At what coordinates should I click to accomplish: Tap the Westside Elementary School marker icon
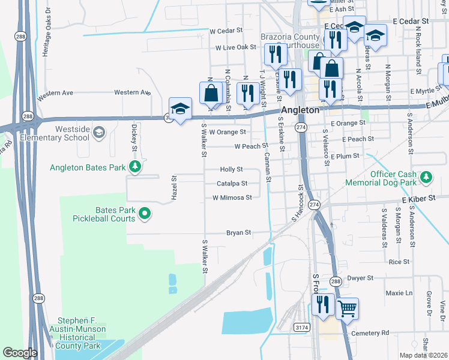pos(100,131)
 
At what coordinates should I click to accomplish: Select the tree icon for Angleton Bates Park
pos(136,166)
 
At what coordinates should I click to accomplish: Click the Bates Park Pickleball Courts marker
pos(145,213)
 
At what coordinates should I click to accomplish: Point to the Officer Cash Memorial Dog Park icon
pos(426,177)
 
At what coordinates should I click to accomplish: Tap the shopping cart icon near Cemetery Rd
pos(347,310)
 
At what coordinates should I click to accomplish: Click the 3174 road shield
pos(303,327)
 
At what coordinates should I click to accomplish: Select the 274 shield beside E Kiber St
pos(314,205)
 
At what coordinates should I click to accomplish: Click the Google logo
pos(20,353)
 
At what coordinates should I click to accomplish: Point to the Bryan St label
pos(238,233)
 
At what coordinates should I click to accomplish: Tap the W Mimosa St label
pos(232,197)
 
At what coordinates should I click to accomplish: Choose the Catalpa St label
pos(232,183)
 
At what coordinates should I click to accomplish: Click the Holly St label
pos(231,170)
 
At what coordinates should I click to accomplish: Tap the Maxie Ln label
pos(399,293)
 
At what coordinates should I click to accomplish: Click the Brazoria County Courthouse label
pos(290,41)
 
